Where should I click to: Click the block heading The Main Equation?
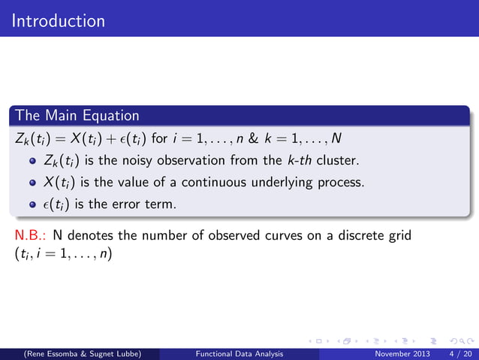(77, 116)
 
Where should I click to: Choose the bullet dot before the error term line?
(32, 204)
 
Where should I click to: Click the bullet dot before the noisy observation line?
(32, 161)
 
